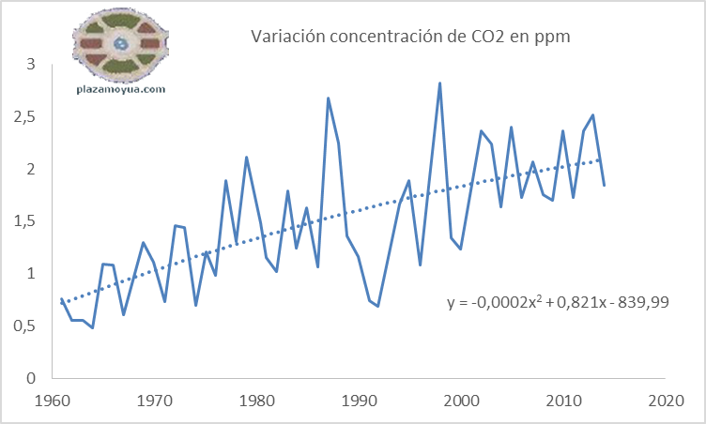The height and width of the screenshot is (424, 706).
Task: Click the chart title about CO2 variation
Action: pos(410,37)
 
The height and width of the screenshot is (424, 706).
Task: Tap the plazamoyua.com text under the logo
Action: pos(120,90)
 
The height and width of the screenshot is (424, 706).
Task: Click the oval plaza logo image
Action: pos(120,43)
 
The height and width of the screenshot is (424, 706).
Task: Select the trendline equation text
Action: pos(558,302)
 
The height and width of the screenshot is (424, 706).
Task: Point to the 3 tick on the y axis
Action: pos(30,65)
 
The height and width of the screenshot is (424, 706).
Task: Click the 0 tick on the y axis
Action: pos(30,378)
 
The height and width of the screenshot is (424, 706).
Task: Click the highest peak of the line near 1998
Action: pos(439,83)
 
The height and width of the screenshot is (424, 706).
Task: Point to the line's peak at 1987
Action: pos(328,98)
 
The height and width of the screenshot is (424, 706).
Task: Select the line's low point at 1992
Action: pos(378,306)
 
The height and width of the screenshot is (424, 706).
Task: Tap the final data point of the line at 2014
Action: pos(603,185)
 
